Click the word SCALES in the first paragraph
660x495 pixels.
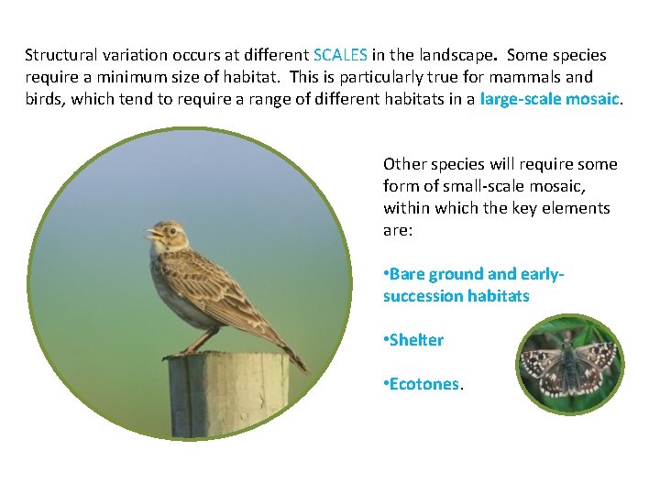point(340,55)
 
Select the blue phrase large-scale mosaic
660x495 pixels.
point(550,99)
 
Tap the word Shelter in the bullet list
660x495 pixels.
point(416,340)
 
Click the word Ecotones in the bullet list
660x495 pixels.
point(423,384)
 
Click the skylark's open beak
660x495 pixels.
point(150,233)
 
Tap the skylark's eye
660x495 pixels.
point(167,230)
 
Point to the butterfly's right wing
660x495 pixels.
point(595,363)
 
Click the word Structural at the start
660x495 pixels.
point(60,55)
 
